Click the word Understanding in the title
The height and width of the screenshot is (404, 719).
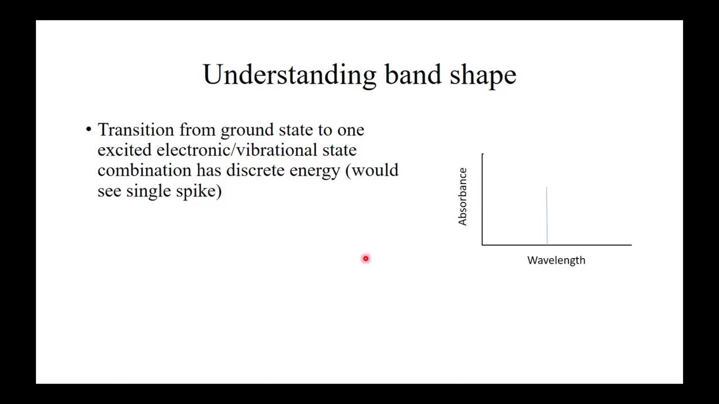289,75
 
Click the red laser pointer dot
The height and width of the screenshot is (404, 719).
366,259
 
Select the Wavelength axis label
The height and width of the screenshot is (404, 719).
556,260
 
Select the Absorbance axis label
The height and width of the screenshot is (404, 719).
462,197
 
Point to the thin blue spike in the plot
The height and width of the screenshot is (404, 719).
547,216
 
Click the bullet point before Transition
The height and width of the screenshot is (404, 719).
88,130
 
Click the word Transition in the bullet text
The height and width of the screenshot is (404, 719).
136,130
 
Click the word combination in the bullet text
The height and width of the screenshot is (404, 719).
144,171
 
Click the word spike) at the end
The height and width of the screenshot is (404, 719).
199,191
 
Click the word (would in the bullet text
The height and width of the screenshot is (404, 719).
372,171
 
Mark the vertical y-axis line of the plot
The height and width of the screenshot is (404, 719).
482,199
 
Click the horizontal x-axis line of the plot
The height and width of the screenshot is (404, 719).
556,245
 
